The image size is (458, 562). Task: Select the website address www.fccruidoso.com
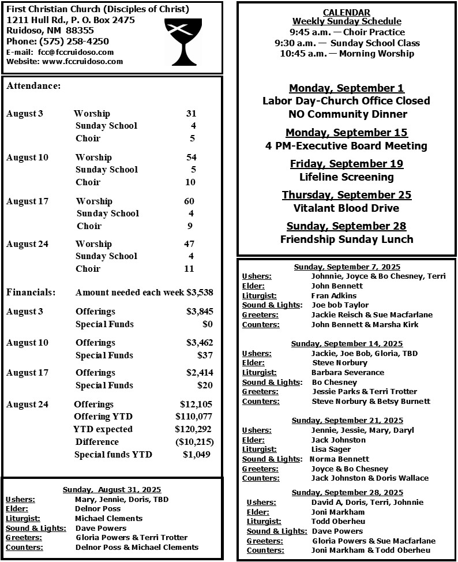tap(82, 61)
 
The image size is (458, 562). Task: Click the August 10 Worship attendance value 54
tap(191, 158)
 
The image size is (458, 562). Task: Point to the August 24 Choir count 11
tap(189, 268)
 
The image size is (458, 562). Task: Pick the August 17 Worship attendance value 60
tap(189, 201)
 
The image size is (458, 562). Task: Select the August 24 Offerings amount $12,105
tap(196, 404)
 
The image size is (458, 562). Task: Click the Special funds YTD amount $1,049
tap(197, 455)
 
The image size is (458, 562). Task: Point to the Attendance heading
tap(33, 86)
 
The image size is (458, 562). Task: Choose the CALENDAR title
tap(346, 12)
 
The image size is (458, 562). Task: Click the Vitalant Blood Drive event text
tap(346, 208)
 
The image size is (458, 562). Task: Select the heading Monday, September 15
tap(346, 133)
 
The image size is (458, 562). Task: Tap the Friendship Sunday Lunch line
tap(346, 239)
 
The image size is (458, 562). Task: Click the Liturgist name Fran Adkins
tap(333, 295)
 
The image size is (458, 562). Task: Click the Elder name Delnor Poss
tap(97, 509)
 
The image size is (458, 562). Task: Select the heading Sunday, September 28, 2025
tap(347, 492)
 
